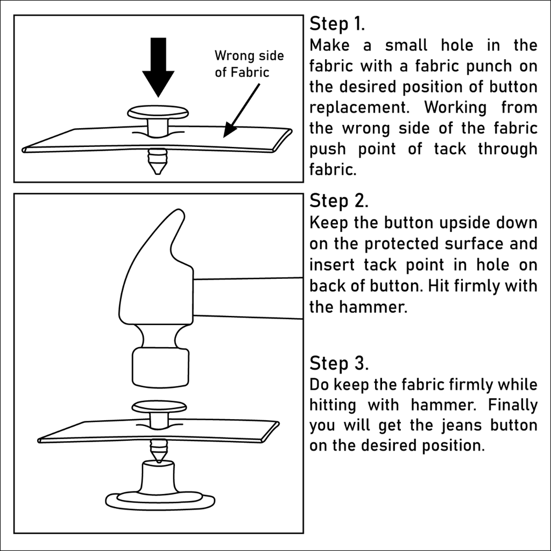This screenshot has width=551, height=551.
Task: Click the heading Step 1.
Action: click(x=337, y=24)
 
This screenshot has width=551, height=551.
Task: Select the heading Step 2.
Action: click(x=339, y=201)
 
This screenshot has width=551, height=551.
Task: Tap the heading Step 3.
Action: click(x=339, y=364)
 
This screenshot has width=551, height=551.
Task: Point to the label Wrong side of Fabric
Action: click(x=249, y=63)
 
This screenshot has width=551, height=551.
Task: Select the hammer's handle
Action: click(x=248, y=298)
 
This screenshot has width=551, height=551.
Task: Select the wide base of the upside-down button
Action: click(x=159, y=500)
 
